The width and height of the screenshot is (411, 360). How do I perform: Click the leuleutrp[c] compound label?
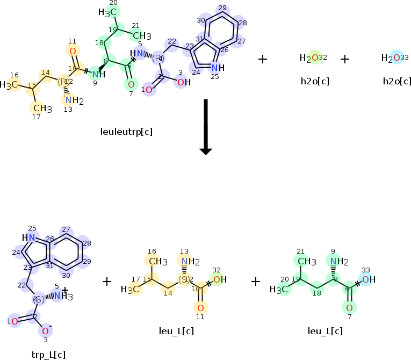tap(126, 132)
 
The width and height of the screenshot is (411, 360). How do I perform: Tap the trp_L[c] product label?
tap(49, 354)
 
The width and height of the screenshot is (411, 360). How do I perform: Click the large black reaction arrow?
tap(205, 126)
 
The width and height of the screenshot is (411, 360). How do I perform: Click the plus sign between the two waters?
tap(345, 59)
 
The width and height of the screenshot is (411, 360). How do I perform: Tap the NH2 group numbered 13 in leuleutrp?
tap(72, 100)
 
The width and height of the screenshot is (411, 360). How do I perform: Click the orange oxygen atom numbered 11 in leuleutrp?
tap(73, 51)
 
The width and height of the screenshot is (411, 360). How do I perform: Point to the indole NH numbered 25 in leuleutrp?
tap(215, 68)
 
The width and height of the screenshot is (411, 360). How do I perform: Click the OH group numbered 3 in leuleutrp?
tap(183, 82)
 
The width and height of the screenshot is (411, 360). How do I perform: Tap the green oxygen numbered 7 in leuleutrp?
tap(131, 84)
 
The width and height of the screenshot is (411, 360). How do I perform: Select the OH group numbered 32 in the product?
tap(218, 279)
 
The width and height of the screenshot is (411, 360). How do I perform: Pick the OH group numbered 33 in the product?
tap(367, 279)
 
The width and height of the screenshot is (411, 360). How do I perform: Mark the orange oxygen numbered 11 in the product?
tap(200, 308)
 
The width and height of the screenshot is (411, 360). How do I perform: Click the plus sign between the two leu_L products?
tap(256, 282)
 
